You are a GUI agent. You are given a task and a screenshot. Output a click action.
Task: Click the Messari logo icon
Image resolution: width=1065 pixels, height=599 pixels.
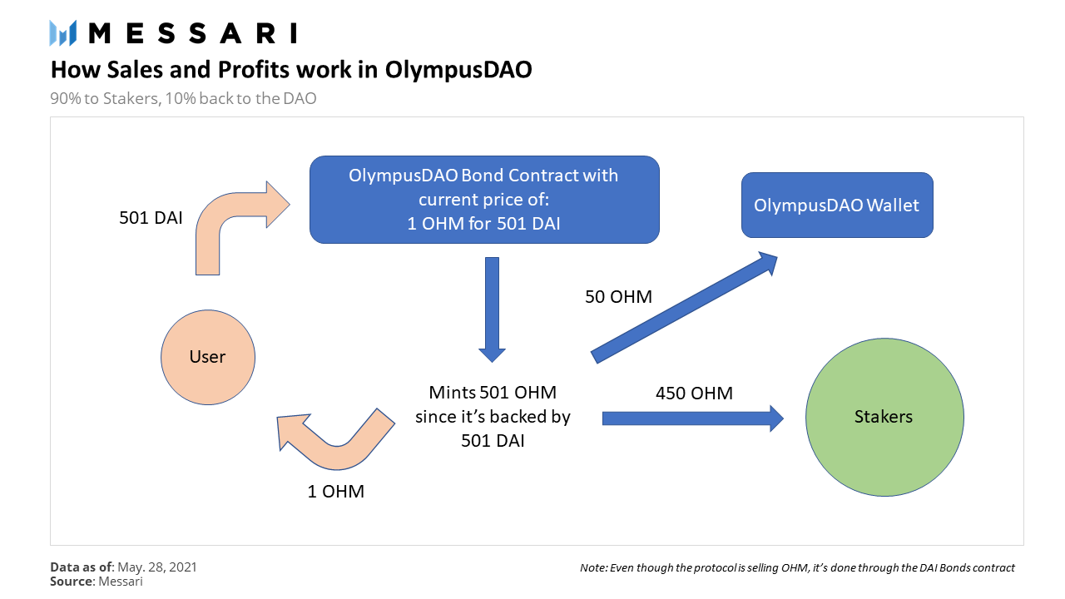pos(63,32)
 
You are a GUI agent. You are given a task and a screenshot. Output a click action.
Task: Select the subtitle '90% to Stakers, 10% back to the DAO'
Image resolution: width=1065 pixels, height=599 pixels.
pos(183,98)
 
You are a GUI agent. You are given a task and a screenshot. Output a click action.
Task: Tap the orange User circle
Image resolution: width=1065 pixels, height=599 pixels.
pos(207,357)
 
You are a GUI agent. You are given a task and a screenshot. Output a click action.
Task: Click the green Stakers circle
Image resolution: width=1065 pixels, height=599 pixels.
pos(884,417)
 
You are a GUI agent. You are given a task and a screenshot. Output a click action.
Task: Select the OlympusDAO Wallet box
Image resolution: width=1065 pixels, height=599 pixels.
pos(836,205)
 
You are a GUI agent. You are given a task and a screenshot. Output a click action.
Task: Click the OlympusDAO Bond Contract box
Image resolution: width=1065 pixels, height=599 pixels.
pos(483,200)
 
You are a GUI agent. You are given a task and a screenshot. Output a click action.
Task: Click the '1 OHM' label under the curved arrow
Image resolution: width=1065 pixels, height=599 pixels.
pos(335,491)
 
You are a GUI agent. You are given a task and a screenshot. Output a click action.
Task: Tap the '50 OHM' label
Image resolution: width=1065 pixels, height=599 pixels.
pos(618,296)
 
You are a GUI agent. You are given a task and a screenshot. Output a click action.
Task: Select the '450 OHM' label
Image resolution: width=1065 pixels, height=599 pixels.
pos(693,393)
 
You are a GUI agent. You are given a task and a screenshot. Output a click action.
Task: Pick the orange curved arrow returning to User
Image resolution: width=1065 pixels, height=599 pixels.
pos(333,437)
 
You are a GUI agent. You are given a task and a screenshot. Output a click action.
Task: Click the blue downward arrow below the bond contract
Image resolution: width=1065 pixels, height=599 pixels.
pos(493,308)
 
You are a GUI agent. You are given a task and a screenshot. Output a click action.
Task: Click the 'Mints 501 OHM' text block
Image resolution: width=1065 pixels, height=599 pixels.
pos(493,416)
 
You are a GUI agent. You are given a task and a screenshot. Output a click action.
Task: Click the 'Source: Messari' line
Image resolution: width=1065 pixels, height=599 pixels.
pos(96,582)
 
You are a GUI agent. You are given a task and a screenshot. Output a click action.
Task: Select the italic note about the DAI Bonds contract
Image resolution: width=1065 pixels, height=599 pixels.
pos(797,568)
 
